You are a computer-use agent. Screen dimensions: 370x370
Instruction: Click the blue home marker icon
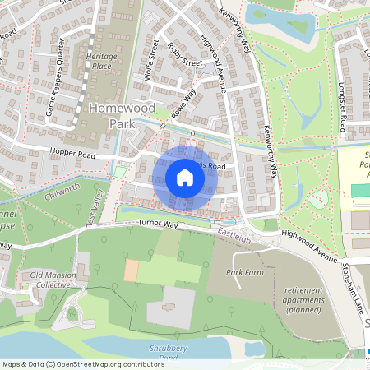[185, 178]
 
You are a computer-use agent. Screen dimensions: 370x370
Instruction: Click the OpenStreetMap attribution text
[82, 363]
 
